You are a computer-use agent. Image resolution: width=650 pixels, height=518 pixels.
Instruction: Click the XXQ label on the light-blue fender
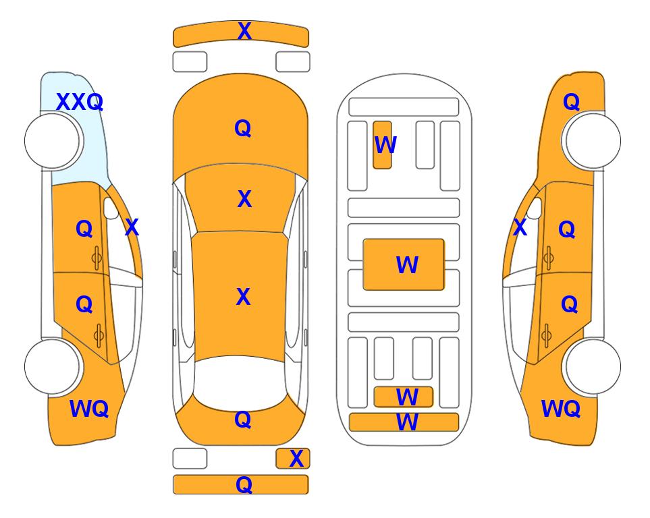coord(80,102)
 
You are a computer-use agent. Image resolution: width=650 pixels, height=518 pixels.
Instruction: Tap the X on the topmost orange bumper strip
coord(244,31)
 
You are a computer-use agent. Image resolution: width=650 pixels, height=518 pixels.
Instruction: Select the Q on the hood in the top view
coord(243,128)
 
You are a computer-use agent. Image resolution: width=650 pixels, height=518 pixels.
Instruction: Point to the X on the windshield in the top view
coord(244,199)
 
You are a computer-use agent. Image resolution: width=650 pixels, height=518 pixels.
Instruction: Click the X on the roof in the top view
coord(244,297)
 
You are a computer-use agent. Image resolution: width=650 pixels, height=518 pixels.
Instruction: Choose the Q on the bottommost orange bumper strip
coord(244,484)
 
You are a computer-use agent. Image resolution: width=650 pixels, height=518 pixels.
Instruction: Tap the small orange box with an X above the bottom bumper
coord(293,459)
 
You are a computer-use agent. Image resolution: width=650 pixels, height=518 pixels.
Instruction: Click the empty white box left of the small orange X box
coord(190,459)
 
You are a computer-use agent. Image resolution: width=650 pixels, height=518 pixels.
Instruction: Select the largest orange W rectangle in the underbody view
coord(404,264)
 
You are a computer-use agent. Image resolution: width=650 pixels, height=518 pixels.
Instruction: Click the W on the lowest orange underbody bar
coord(407,422)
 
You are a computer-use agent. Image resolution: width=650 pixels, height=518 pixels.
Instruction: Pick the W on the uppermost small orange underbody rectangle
coord(385,145)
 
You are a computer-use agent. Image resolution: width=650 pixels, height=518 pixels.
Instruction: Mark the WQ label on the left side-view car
coord(89,409)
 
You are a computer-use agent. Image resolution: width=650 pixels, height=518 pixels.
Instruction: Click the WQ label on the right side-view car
coord(561,409)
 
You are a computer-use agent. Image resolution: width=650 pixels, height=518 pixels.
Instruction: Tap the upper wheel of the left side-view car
coord(52,141)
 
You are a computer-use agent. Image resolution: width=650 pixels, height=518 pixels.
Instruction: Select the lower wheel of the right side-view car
coord(593,366)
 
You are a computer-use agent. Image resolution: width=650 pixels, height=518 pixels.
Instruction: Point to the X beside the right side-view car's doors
coord(520,227)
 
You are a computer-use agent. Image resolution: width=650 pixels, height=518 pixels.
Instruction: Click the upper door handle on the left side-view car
coord(97,258)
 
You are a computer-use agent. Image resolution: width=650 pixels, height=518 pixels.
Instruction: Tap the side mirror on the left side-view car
coord(111,208)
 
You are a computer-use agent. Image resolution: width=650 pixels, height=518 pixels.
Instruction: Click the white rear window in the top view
coord(240,383)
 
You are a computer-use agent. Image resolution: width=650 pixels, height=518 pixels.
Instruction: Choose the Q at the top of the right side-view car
coord(571,102)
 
